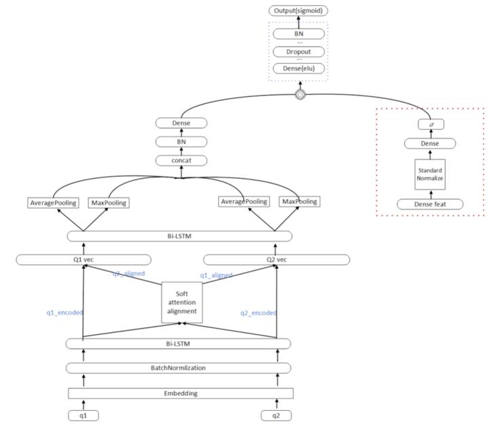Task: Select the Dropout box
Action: point(299,52)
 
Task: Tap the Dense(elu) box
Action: point(299,68)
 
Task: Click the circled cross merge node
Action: point(300,94)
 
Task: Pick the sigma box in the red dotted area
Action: point(431,125)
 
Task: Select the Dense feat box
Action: point(430,204)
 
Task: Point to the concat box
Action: point(181,160)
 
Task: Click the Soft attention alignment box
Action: point(181,302)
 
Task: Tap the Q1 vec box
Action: point(83,260)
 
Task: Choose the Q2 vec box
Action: point(277,260)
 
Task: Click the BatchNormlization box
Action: point(178,367)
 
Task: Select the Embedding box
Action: point(180,393)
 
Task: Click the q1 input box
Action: point(83,416)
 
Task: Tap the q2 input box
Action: point(276,416)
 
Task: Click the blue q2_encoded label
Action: point(258,313)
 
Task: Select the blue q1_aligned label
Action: point(216,275)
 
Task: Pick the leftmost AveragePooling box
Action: point(54,202)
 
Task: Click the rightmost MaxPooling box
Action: point(298,202)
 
